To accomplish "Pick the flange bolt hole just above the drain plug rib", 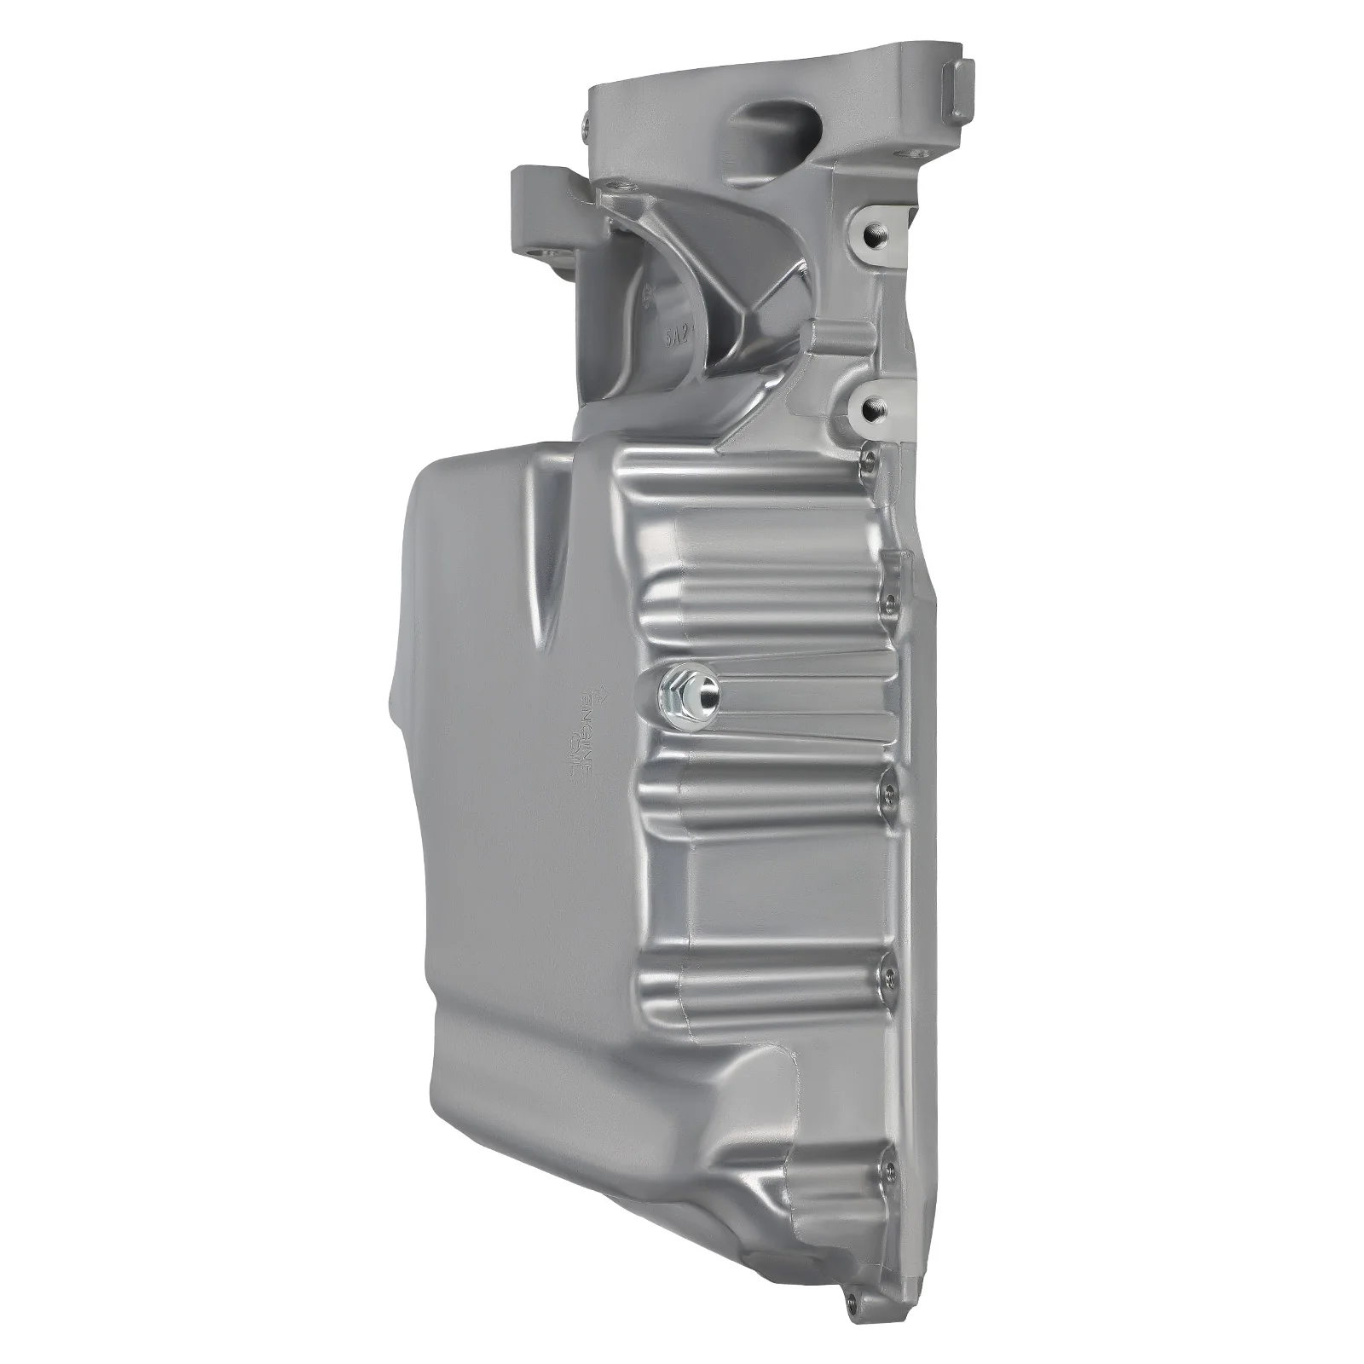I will click(x=887, y=602).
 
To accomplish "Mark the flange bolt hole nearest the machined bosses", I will click(x=870, y=460).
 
